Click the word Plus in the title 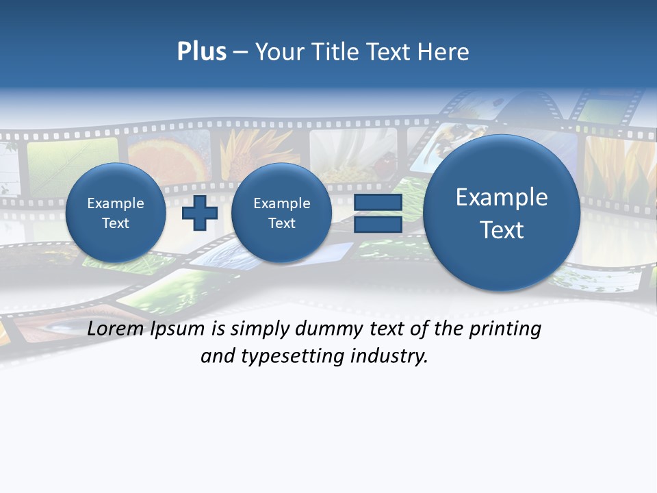[x=201, y=52]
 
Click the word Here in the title [x=446, y=52]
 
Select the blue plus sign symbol [x=200, y=213]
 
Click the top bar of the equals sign [x=378, y=203]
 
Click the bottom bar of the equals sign [x=378, y=225]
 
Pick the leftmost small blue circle [x=116, y=213]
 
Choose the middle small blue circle [x=281, y=213]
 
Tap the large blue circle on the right [x=502, y=213]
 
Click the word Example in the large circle [x=502, y=197]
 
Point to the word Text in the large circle [x=502, y=230]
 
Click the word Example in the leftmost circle [x=116, y=203]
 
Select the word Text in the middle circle [x=281, y=223]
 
